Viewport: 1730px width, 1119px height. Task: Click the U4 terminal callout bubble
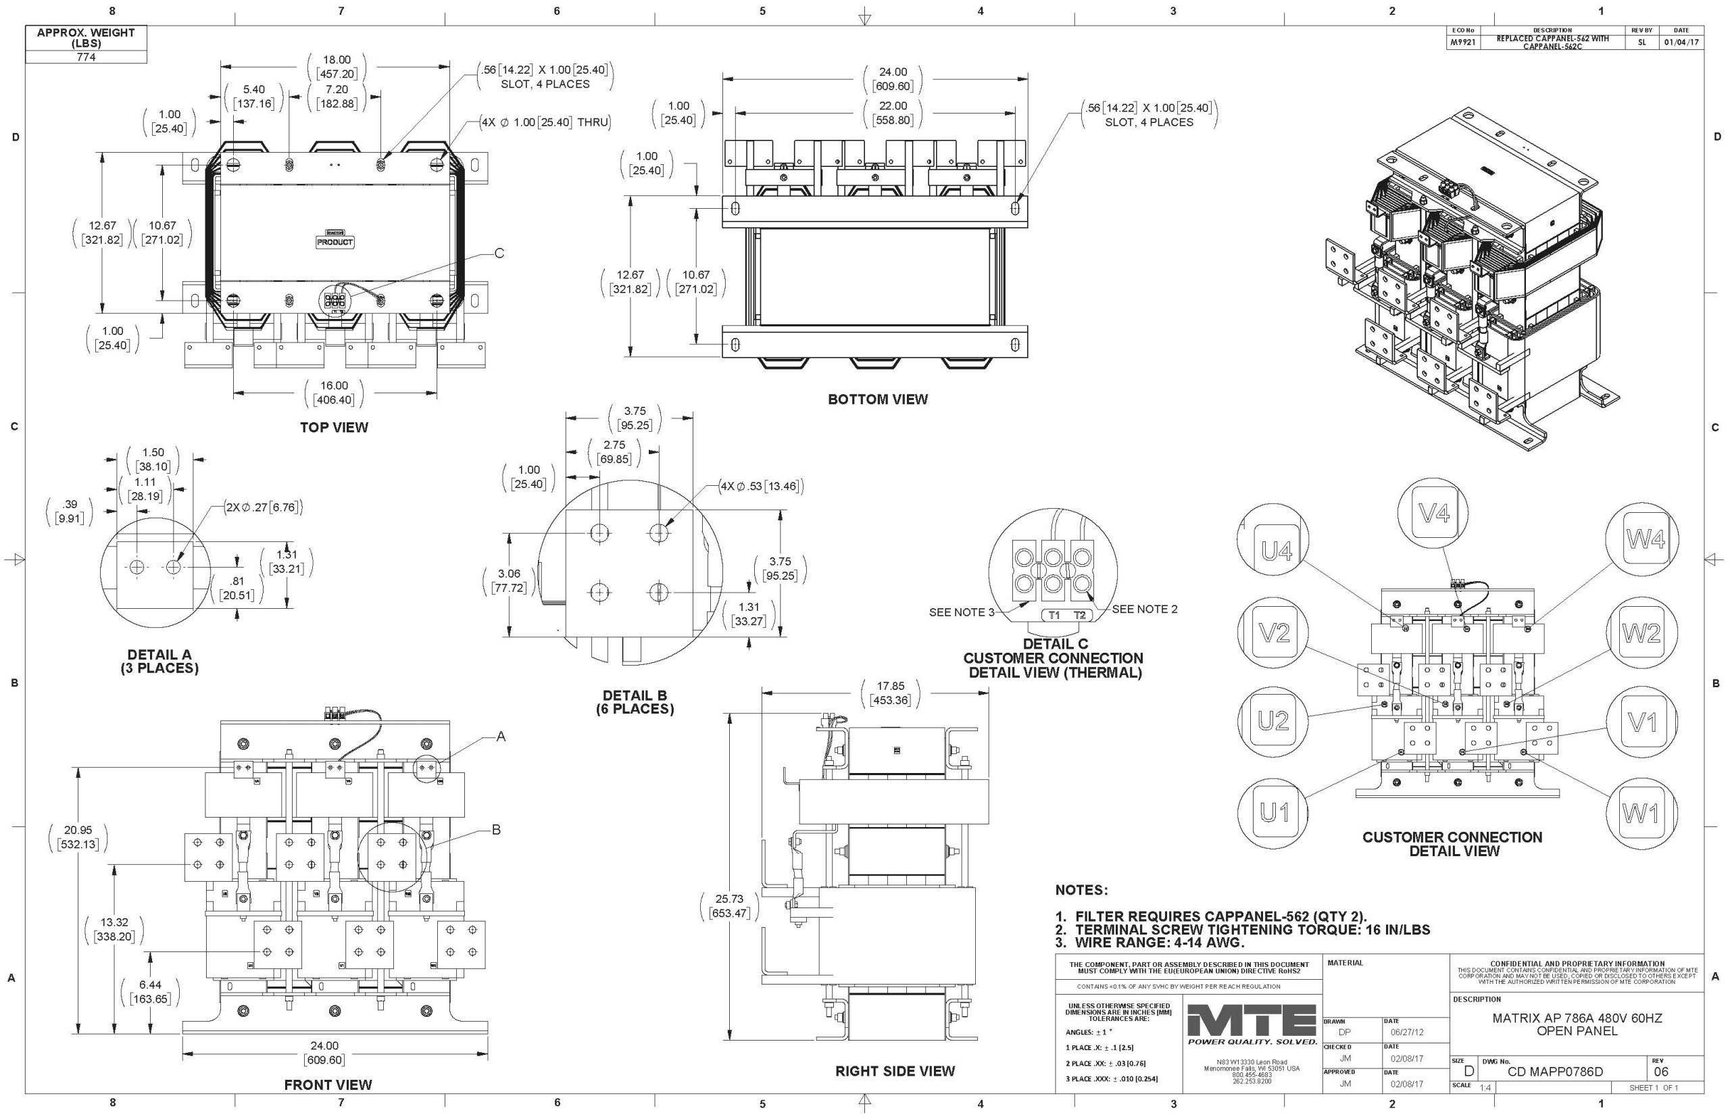(x=1277, y=553)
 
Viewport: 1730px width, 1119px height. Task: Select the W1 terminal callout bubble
(x=1640, y=814)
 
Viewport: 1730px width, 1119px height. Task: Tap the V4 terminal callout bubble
(x=1434, y=514)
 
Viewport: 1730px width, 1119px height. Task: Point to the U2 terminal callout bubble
(x=1273, y=721)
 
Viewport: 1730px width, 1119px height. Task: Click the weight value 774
(x=86, y=57)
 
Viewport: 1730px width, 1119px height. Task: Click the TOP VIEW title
(x=334, y=427)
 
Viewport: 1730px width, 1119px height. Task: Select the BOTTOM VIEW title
(x=877, y=399)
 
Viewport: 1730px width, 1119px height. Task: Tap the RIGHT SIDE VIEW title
(x=895, y=1070)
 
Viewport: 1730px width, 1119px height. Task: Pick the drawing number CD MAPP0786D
(x=1555, y=1072)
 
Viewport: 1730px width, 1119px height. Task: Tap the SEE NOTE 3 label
(x=961, y=612)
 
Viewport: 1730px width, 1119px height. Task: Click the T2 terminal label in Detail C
(x=1079, y=616)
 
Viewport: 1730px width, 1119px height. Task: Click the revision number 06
(x=1661, y=1072)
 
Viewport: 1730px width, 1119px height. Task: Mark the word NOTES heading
(x=1081, y=890)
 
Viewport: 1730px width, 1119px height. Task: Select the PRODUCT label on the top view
(x=335, y=242)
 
